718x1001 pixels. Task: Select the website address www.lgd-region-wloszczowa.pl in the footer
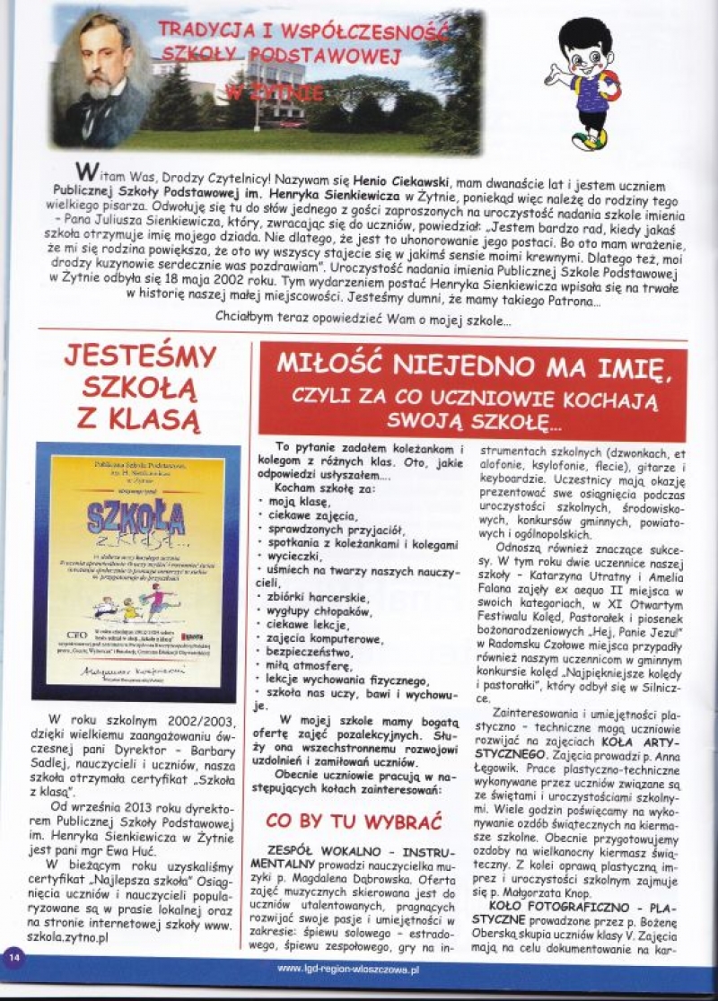(x=348, y=970)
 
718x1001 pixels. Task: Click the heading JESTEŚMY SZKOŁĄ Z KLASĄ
(x=139, y=387)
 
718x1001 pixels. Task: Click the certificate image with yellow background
(x=136, y=571)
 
